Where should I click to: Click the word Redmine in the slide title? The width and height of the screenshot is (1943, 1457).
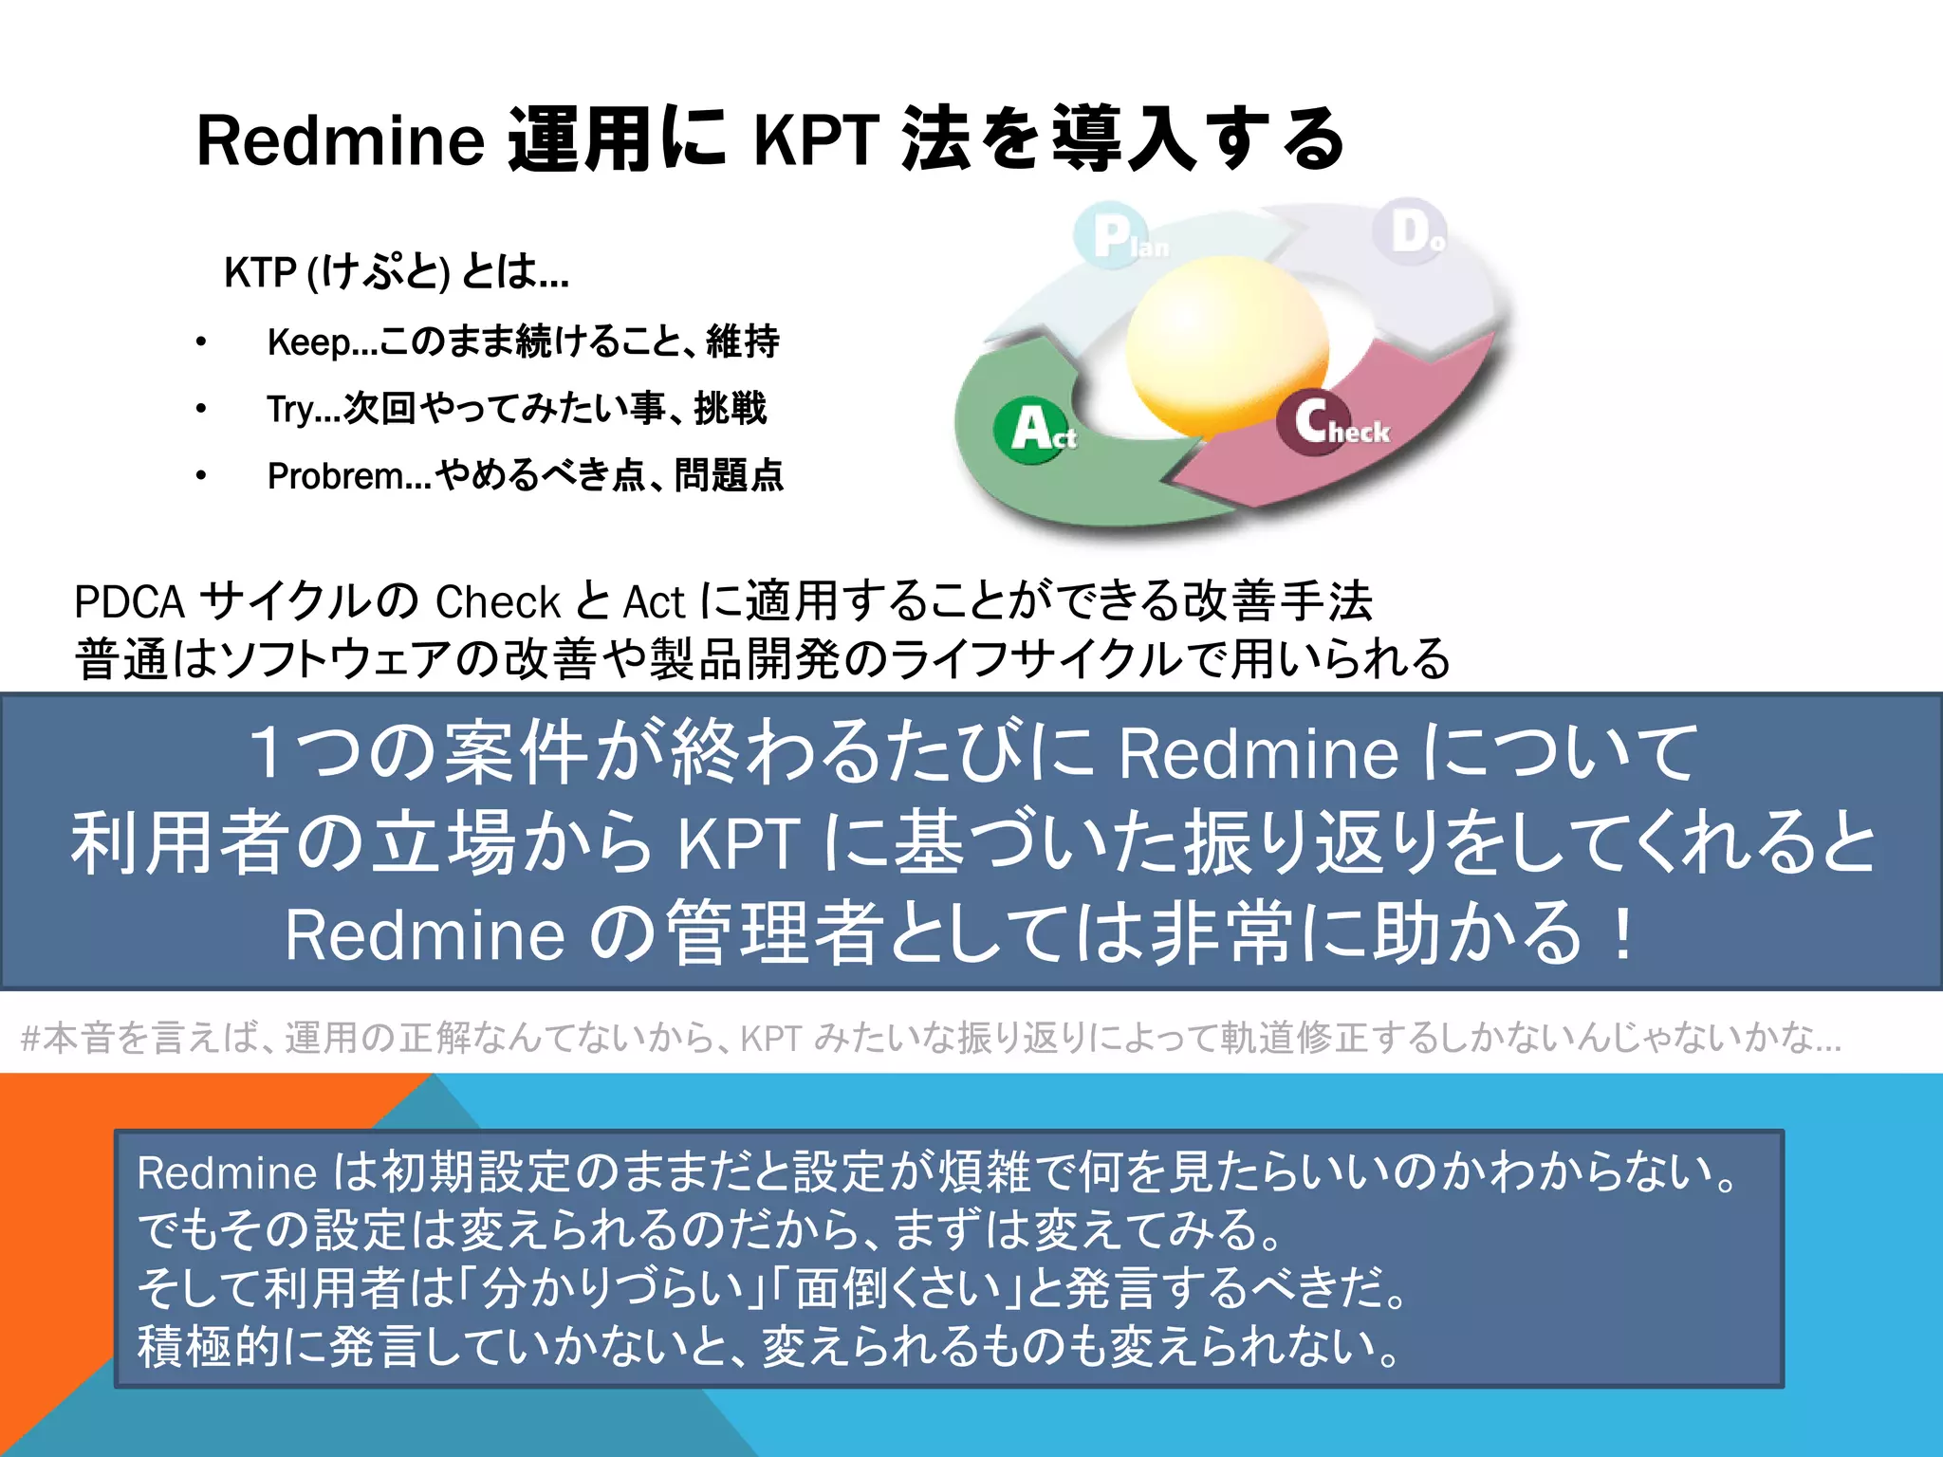(340, 140)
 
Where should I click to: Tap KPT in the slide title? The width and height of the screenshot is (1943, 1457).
(815, 140)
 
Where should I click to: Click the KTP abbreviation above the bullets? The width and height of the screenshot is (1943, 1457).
(260, 272)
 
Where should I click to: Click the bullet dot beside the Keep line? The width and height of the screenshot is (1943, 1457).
(201, 342)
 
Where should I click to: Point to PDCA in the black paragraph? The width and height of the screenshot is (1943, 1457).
(129, 601)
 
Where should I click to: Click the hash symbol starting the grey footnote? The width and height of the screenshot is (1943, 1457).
(29, 1039)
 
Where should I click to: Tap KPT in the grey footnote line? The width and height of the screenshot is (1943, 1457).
(771, 1039)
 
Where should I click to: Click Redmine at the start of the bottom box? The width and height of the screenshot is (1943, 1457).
(226, 1173)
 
